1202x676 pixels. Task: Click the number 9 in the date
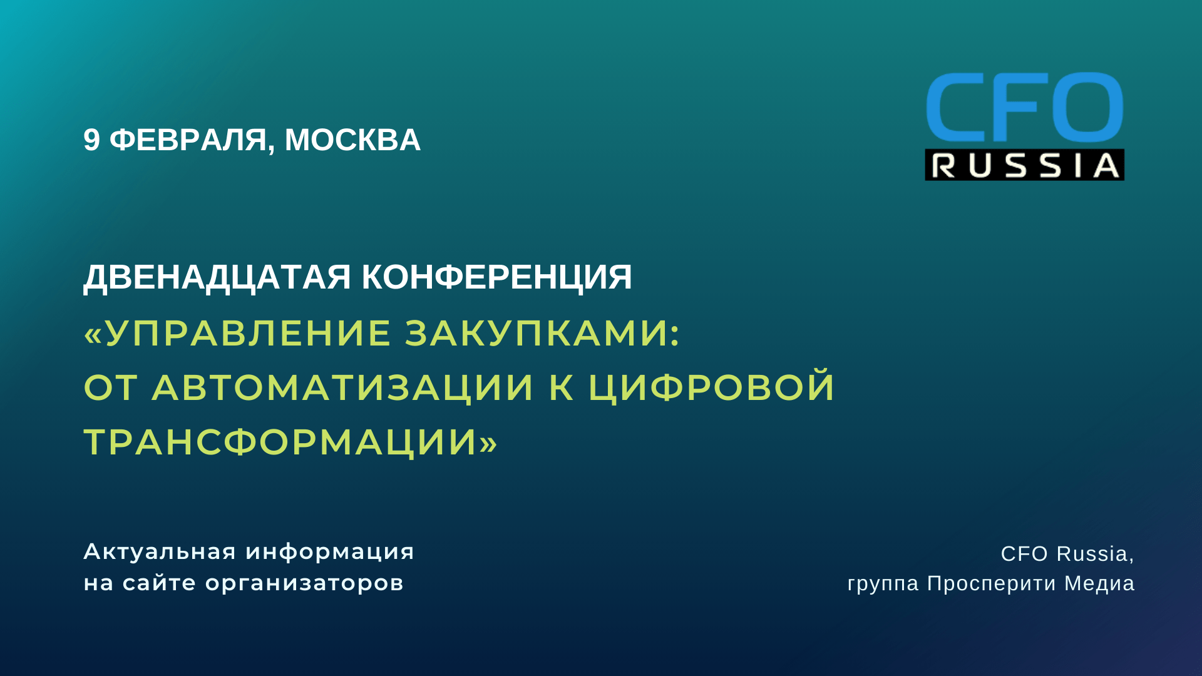(x=91, y=140)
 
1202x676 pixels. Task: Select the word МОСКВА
(x=352, y=140)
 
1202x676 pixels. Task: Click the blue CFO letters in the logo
(x=1024, y=107)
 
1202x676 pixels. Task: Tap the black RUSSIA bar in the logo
(x=1025, y=165)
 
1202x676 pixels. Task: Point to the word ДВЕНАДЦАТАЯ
(x=217, y=278)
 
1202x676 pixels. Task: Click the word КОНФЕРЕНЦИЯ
(x=497, y=278)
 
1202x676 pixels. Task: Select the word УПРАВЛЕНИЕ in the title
(x=248, y=332)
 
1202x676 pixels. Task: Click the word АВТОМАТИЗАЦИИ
(x=343, y=387)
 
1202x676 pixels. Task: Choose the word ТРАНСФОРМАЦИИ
(x=282, y=443)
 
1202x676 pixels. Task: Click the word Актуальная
(x=160, y=552)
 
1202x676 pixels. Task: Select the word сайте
(x=159, y=583)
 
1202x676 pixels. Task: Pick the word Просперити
(x=992, y=583)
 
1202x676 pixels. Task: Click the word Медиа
(x=1100, y=583)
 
